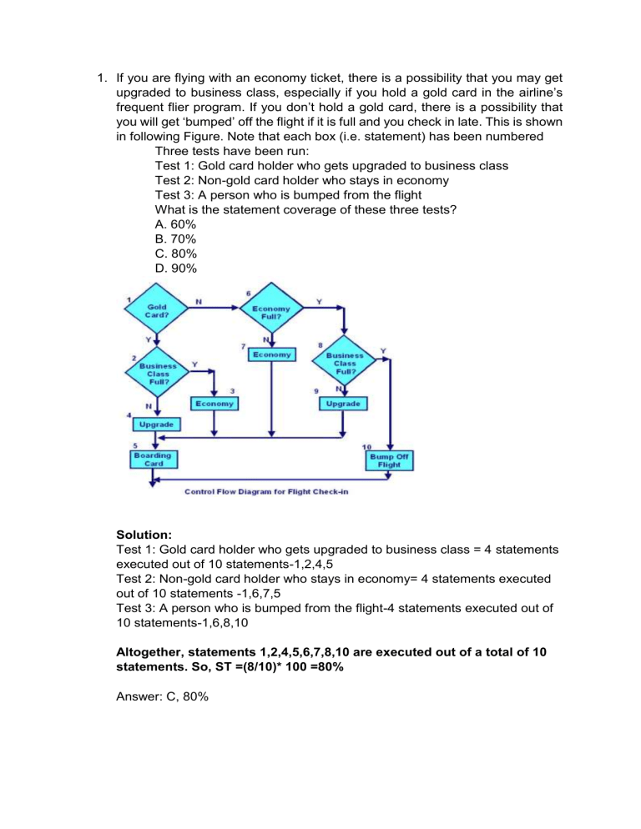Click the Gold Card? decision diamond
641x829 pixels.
click(x=156, y=312)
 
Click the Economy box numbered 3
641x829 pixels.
click(x=215, y=404)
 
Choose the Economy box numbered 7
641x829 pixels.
click(x=272, y=355)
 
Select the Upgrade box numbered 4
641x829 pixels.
click(x=156, y=425)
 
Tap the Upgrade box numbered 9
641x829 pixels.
click(x=344, y=404)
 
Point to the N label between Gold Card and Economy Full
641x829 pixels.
click(x=198, y=302)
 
